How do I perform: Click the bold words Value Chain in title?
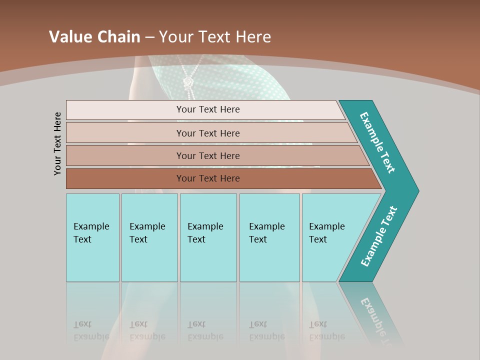94,37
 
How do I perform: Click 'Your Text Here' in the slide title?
215,37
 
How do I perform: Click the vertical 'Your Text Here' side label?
57,143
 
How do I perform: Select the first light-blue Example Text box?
92,237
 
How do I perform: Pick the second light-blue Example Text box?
149,237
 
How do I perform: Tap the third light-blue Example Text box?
207,237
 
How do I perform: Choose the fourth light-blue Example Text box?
269,237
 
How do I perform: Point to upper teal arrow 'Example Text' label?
377,142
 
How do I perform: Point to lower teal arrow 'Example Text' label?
378,236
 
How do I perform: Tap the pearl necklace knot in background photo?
188,81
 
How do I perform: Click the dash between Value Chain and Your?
149,37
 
